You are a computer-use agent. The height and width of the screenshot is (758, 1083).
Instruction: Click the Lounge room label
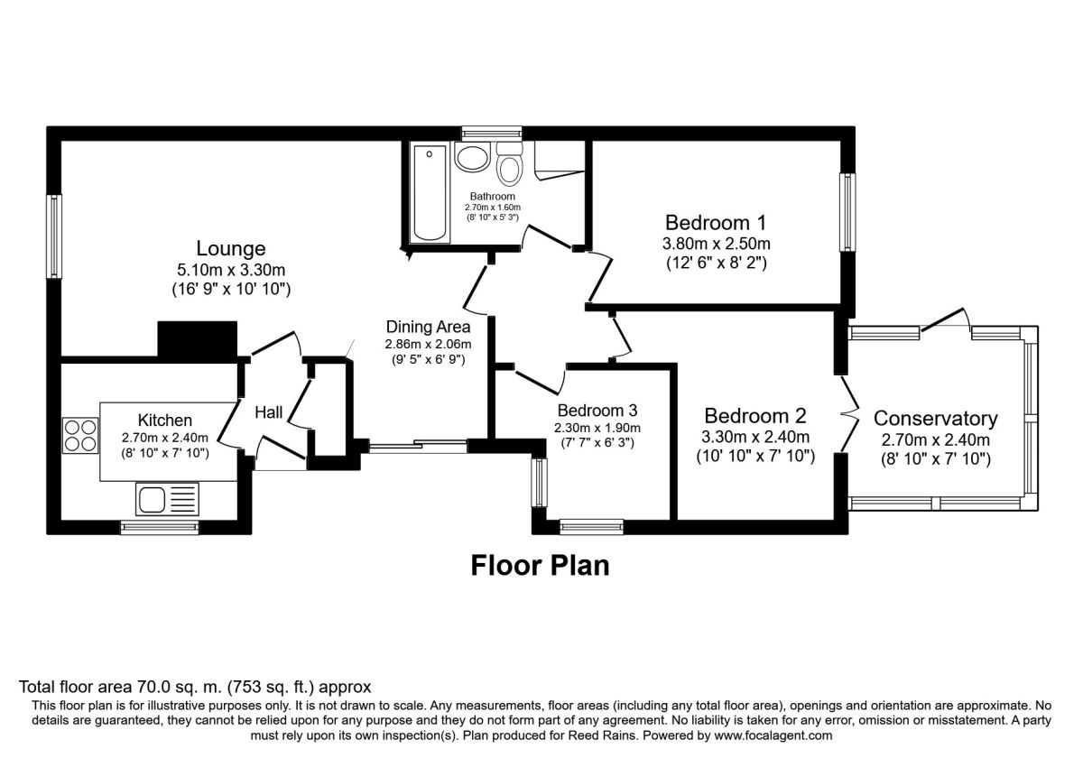[231, 248]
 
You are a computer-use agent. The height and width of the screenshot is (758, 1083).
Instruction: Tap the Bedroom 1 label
[716, 223]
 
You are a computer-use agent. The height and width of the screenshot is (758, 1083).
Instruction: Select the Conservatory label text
[936, 419]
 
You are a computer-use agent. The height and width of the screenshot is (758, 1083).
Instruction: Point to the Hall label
[268, 412]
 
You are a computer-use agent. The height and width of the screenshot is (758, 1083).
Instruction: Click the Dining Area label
[428, 327]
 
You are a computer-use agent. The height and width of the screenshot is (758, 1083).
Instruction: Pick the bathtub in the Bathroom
[430, 193]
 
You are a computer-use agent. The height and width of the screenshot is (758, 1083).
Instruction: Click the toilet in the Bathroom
[510, 163]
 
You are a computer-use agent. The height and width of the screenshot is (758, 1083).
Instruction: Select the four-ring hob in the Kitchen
[80, 436]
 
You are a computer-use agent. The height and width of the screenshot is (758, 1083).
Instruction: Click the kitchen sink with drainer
[167, 499]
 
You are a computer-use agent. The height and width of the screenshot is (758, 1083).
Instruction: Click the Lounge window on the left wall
[54, 236]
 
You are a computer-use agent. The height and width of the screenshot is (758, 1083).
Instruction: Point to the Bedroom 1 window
[847, 212]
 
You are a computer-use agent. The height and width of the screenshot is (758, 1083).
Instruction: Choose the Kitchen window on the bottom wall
[160, 528]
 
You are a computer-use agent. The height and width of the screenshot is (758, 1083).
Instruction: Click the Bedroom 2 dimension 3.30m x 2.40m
[755, 437]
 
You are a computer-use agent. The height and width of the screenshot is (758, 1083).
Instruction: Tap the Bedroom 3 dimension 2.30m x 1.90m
[597, 428]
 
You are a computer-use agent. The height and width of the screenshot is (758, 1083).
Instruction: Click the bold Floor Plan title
[540, 566]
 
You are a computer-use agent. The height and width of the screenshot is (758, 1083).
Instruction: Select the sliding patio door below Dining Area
[418, 446]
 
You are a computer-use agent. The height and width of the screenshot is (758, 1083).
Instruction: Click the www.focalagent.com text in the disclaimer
[773, 735]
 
